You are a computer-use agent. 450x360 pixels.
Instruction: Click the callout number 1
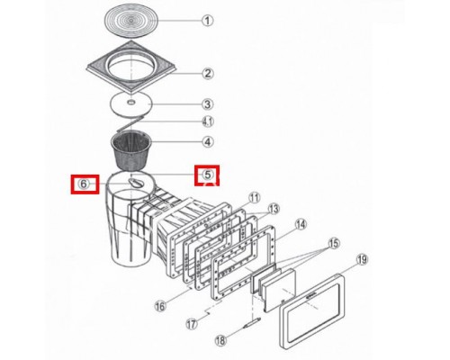click(207, 21)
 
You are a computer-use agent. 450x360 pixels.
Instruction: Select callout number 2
click(207, 73)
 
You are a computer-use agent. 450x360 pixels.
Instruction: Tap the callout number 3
click(207, 104)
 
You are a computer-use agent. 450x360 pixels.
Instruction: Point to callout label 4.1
click(207, 122)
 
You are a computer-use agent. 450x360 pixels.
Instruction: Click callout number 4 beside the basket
click(207, 141)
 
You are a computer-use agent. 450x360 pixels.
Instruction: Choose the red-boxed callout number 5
click(207, 175)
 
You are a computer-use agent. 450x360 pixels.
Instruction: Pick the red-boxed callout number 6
click(84, 184)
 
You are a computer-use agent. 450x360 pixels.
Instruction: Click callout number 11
click(255, 198)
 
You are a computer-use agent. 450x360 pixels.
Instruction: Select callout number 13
click(274, 209)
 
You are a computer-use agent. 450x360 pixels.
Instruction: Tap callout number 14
click(301, 224)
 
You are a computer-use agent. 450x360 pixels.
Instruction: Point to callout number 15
click(334, 243)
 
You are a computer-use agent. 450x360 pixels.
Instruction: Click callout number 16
click(160, 306)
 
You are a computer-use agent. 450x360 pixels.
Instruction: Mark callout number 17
click(192, 324)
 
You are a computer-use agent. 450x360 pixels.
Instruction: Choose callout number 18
click(220, 340)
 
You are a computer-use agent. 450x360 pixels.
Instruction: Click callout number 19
click(363, 259)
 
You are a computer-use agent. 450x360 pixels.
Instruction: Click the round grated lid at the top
click(131, 21)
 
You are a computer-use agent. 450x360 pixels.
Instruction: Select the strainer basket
click(131, 151)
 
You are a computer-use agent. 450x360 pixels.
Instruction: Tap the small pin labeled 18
click(251, 324)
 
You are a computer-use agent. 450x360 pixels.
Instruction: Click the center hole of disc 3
click(131, 103)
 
